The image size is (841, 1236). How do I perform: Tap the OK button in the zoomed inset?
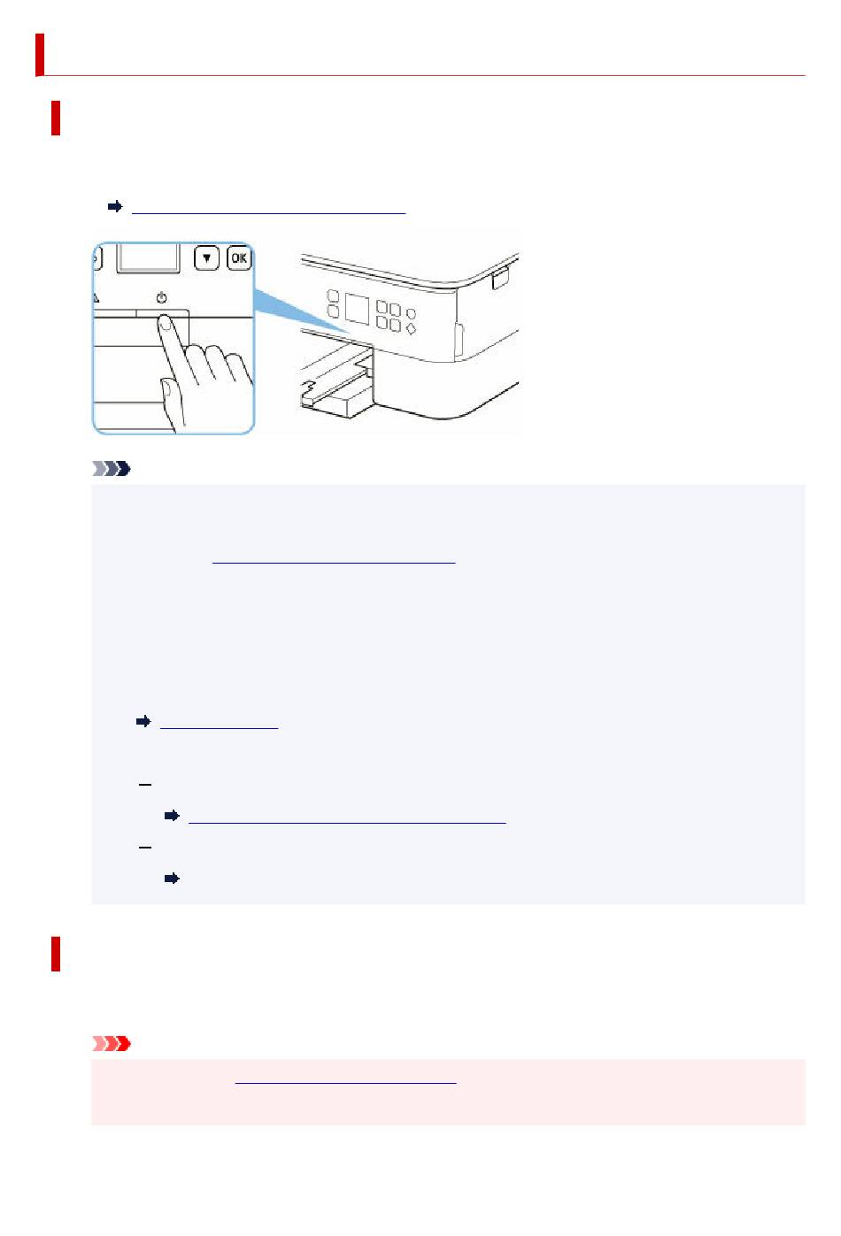[239, 257]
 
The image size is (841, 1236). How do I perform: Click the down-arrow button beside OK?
[207, 257]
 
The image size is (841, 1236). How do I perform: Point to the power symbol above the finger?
[161, 298]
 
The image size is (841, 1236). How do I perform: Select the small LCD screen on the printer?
[357, 309]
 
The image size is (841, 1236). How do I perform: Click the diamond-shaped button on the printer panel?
[411, 329]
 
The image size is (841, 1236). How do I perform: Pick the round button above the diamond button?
[411, 313]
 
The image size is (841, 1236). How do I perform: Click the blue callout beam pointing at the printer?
[302, 312]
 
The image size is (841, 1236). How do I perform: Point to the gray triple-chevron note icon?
[111, 469]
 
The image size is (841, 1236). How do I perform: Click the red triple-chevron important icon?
[111, 1044]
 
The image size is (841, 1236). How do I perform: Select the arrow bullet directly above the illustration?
[115, 207]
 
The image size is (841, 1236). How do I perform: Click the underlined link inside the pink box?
[345, 1083]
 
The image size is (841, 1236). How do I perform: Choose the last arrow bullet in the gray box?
[172, 878]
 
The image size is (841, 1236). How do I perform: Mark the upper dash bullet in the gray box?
[145, 784]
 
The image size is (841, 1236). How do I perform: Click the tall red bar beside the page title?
[40, 55]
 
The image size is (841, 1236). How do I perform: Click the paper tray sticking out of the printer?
[336, 380]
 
